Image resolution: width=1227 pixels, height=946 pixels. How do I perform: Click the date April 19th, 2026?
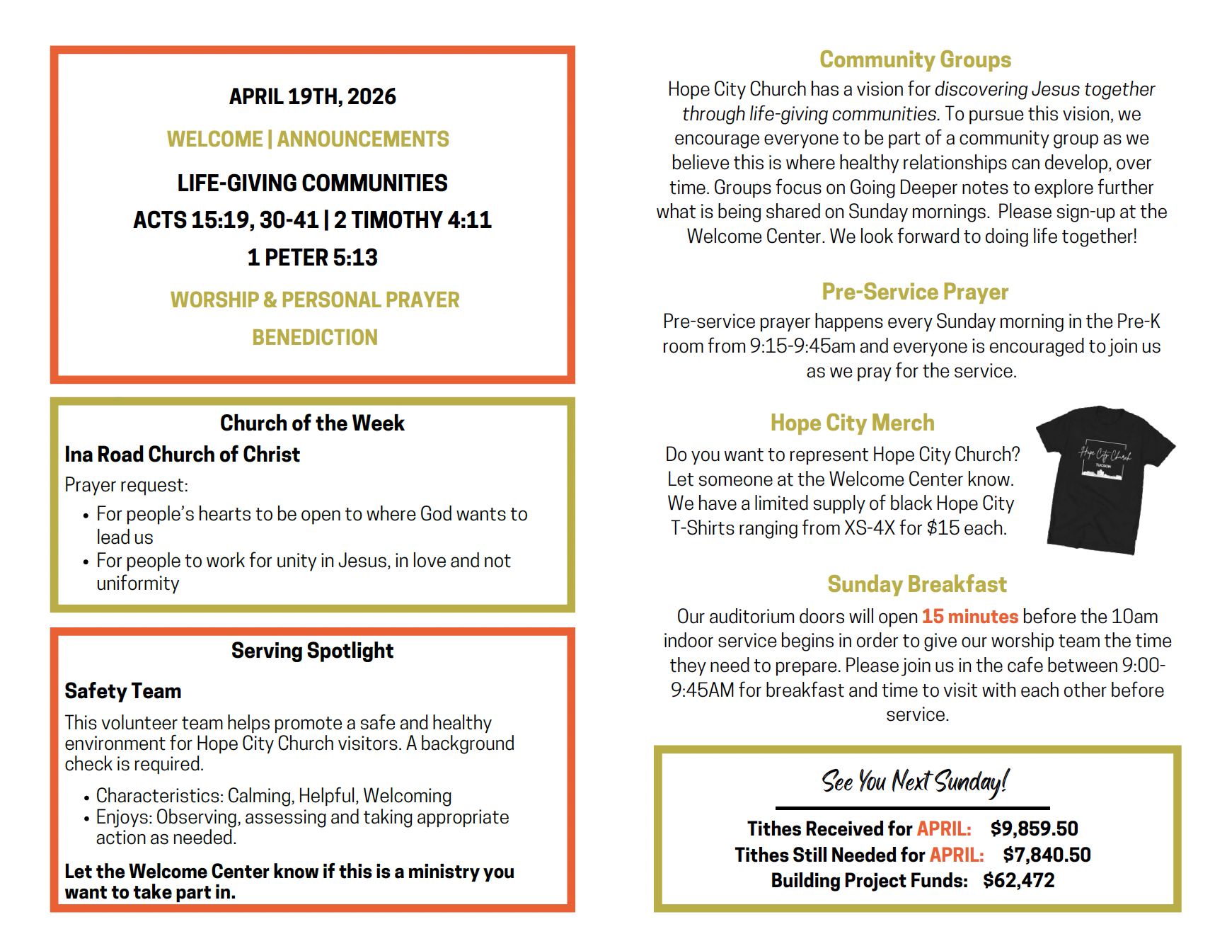pyautogui.click(x=312, y=96)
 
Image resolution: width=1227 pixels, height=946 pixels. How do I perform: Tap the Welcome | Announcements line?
pyautogui.click(x=308, y=139)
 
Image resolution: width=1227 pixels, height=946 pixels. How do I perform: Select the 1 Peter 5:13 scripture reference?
pyautogui.click(x=312, y=257)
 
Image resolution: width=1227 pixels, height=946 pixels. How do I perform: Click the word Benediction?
pyautogui.click(x=315, y=337)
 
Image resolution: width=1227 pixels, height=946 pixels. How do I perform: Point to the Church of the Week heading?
pyautogui.click(x=312, y=423)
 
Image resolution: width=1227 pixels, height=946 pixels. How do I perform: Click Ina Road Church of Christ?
pyautogui.click(x=182, y=454)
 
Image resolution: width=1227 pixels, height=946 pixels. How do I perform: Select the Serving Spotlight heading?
pyautogui.click(x=312, y=650)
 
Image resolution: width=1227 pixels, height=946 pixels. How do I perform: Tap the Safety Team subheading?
pyautogui.click(x=123, y=690)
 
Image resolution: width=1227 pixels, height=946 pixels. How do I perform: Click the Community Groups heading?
pyautogui.click(x=915, y=59)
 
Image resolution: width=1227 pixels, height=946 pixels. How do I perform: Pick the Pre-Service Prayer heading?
pyautogui.click(x=915, y=292)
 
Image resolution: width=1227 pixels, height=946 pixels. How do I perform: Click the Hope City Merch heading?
pyautogui.click(x=852, y=423)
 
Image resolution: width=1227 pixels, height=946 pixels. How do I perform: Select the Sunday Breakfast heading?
pyautogui.click(x=916, y=584)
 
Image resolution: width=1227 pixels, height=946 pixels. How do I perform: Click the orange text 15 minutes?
pyautogui.click(x=969, y=616)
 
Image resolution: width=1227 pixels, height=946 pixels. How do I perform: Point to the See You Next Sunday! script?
pyautogui.click(x=914, y=782)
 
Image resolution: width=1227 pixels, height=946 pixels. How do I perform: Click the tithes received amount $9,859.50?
pyautogui.click(x=1034, y=828)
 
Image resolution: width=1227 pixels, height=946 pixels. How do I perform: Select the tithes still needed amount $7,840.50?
pyautogui.click(x=1047, y=855)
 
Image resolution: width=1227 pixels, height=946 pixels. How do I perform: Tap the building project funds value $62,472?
pyautogui.click(x=1018, y=880)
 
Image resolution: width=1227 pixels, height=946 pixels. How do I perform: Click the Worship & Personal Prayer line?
pyautogui.click(x=315, y=300)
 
